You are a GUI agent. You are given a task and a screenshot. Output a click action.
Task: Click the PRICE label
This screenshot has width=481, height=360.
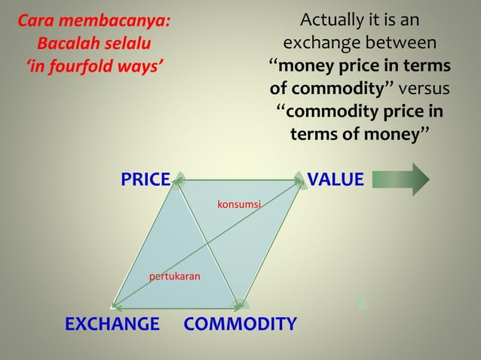click(146, 179)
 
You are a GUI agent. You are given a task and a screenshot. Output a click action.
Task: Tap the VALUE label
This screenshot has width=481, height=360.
click(335, 179)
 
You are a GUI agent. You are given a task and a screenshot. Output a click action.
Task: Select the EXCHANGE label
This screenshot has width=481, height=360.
click(112, 325)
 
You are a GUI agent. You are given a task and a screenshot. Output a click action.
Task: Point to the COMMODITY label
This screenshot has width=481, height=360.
click(240, 325)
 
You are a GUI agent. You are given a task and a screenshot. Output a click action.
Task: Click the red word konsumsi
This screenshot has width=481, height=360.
click(239, 204)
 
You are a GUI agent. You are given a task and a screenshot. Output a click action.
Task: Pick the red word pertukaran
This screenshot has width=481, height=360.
click(175, 277)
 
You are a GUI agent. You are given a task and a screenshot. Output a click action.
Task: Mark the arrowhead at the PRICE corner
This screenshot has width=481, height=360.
click(179, 179)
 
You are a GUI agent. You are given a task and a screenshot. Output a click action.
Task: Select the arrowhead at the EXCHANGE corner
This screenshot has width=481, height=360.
click(115, 305)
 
